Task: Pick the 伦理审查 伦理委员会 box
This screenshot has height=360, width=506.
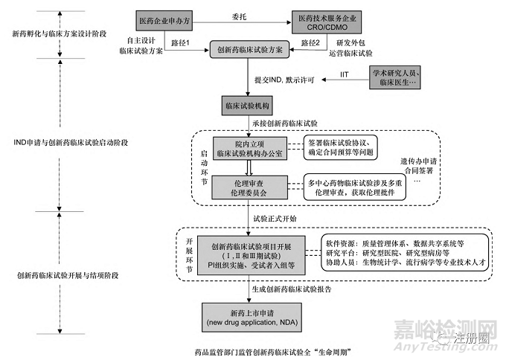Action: (246, 185)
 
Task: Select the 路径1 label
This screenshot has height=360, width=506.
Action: (180, 44)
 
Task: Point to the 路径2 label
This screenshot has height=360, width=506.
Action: (313, 44)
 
